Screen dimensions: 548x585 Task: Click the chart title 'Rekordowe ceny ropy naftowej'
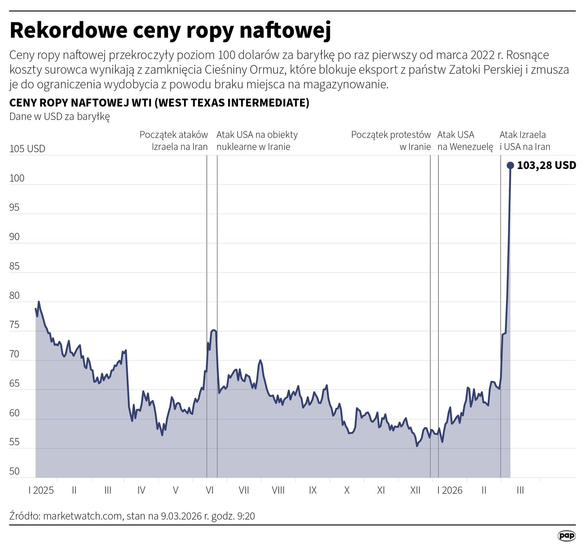170,30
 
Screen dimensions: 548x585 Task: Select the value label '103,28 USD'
546,165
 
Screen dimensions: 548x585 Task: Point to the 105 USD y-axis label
27,148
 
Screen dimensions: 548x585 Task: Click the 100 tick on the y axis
16,178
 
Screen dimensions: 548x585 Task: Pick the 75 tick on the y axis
14,325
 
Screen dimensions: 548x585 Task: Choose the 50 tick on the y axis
14,471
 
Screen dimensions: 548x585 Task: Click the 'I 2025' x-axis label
41,490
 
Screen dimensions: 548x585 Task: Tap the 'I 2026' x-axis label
450,490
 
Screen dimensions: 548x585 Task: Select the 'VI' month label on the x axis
209,490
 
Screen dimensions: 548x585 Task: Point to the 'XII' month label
415,490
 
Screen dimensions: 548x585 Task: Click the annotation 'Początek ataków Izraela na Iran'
174,140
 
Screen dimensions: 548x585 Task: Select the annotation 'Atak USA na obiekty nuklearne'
257,140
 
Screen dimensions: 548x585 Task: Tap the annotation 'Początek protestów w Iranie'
391,140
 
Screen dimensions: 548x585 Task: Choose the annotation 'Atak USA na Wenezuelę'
465,140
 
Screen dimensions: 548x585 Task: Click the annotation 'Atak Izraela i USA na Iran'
525,140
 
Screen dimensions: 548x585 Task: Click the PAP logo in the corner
566,536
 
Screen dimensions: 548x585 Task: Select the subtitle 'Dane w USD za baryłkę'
59,116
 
